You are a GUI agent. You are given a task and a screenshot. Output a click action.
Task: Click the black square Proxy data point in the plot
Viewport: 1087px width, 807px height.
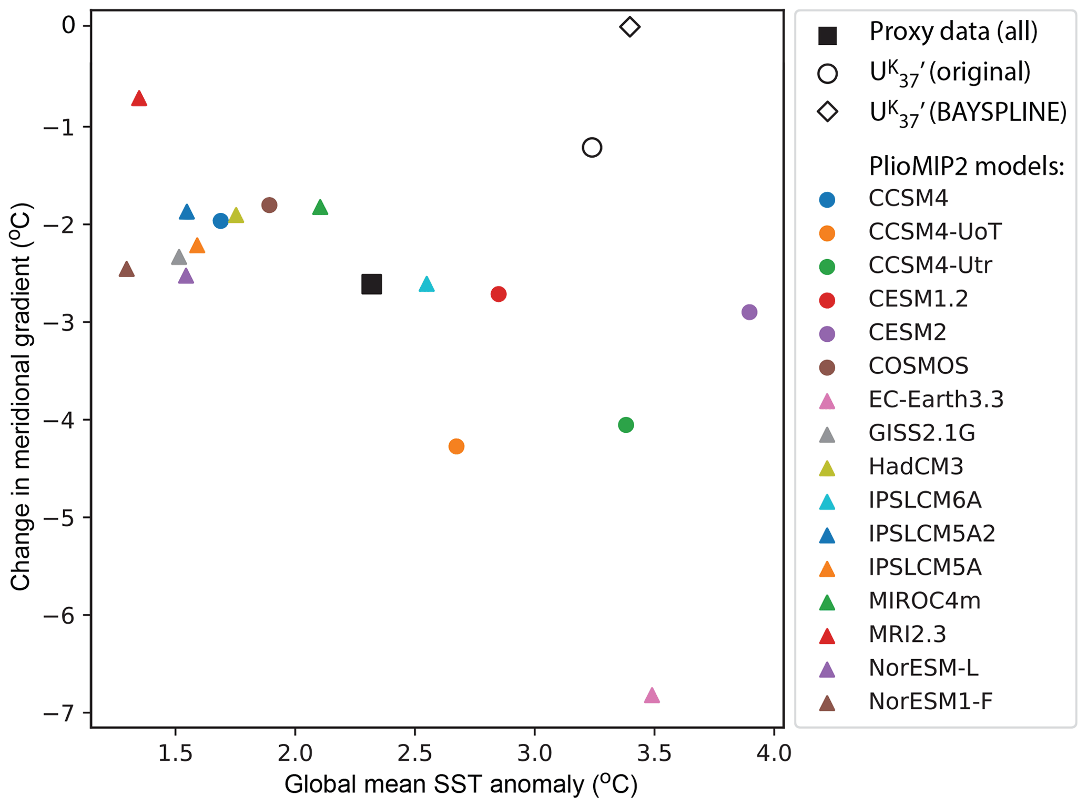pyautogui.click(x=371, y=284)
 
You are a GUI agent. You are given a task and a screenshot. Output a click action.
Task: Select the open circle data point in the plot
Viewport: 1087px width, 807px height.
pyautogui.click(x=592, y=147)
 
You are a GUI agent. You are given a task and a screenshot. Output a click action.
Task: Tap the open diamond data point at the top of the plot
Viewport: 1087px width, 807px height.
pyautogui.click(x=629, y=27)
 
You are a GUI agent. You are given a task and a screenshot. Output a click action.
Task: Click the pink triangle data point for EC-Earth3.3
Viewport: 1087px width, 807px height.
pyautogui.click(x=652, y=696)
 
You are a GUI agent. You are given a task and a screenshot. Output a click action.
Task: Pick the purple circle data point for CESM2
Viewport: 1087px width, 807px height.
pyautogui.click(x=749, y=312)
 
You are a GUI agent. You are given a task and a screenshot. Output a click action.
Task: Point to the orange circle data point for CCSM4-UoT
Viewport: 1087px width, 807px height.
pyautogui.click(x=456, y=446)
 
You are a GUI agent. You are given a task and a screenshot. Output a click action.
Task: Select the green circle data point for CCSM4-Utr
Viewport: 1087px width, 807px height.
pyautogui.click(x=625, y=425)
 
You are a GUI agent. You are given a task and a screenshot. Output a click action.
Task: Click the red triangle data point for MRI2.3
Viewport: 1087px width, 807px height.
pyautogui.click(x=139, y=99)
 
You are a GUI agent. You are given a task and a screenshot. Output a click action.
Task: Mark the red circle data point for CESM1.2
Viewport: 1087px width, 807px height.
pyautogui.click(x=498, y=294)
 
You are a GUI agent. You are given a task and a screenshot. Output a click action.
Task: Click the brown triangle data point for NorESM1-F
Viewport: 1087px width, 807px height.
pyautogui.click(x=126, y=270)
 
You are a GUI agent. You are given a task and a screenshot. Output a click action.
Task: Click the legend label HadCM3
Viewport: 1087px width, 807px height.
pyautogui.click(x=916, y=466)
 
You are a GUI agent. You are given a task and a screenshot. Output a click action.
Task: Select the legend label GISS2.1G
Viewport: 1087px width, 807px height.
pyautogui.click(x=921, y=433)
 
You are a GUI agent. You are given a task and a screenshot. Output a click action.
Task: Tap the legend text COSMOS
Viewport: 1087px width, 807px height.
pyautogui.click(x=918, y=366)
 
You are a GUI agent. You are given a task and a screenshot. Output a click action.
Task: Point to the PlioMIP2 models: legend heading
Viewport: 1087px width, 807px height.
pyautogui.click(x=967, y=166)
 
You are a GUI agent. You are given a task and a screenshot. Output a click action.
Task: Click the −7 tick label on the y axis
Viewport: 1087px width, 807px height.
pyautogui.click(x=60, y=713)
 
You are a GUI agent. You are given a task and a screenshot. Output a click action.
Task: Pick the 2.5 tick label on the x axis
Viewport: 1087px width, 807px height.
pyautogui.click(x=414, y=753)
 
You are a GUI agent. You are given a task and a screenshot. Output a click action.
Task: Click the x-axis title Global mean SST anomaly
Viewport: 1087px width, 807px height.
pyautogui.click(x=461, y=785)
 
